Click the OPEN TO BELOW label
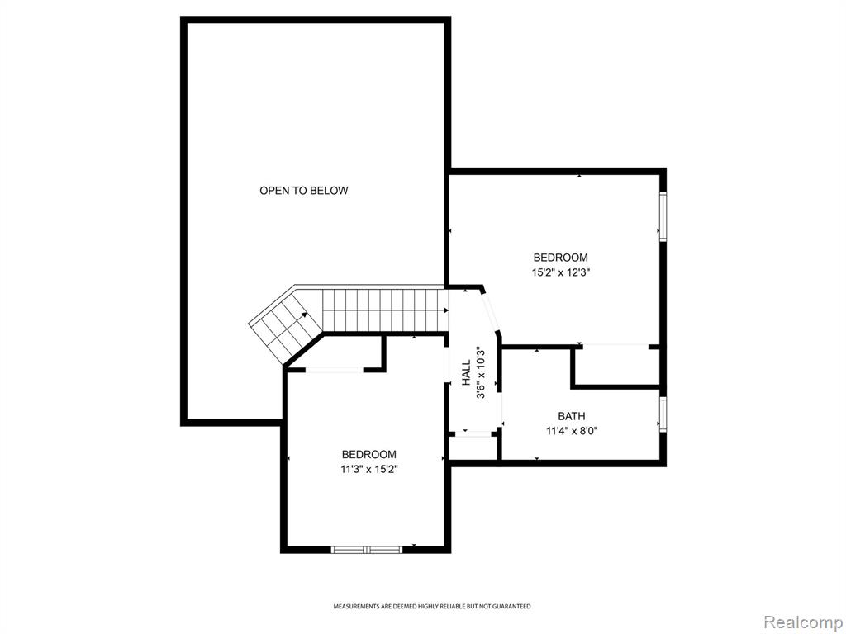(304, 191)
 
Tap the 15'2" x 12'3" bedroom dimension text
(561, 272)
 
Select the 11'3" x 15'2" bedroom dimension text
(368, 469)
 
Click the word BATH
(572, 416)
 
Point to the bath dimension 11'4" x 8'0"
(572, 431)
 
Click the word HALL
(466, 373)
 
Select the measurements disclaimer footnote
(431, 607)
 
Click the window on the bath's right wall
(663, 414)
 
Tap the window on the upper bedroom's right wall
(663, 216)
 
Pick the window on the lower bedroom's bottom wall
(366, 550)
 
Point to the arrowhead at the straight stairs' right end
(446, 310)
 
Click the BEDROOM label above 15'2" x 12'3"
(561, 258)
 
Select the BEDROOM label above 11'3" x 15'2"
(369, 455)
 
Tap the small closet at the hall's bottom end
(473, 446)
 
